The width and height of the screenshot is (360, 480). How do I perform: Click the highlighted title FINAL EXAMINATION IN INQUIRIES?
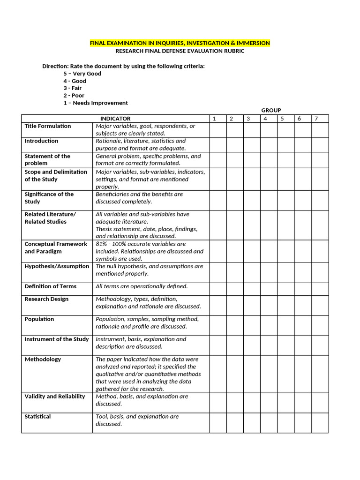(x=180, y=43)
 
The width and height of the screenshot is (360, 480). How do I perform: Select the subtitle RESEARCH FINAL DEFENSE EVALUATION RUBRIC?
(x=180, y=51)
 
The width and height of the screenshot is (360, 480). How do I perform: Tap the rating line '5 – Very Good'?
(x=82, y=74)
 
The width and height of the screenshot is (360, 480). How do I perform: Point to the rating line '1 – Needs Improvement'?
(x=96, y=103)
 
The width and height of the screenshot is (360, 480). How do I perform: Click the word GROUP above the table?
(x=271, y=110)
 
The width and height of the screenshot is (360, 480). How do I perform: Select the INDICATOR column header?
(x=115, y=119)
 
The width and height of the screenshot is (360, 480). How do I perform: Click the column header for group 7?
(x=316, y=119)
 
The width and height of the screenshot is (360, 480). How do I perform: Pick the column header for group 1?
(x=214, y=119)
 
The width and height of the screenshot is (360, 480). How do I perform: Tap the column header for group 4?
(x=265, y=119)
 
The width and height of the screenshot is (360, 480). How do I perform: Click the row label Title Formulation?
(x=48, y=126)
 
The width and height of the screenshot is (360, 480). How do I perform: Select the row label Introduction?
(x=42, y=141)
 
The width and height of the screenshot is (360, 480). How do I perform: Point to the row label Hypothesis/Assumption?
(x=57, y=266)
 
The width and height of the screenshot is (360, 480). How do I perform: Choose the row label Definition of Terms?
(x=51, y=286)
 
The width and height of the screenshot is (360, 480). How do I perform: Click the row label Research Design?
(x=46, y=299)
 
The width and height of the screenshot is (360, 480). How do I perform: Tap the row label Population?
(x=39, y=319)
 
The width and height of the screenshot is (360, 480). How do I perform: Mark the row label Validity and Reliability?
(x=55, y=397)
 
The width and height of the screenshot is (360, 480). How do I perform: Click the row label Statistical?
(x=38, y=417)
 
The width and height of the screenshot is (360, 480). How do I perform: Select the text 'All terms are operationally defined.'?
(x=142, y=286)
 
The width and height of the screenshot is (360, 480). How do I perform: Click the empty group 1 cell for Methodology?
(x=217, y=374)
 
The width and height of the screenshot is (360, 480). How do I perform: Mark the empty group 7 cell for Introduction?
(x=320, y=144)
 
